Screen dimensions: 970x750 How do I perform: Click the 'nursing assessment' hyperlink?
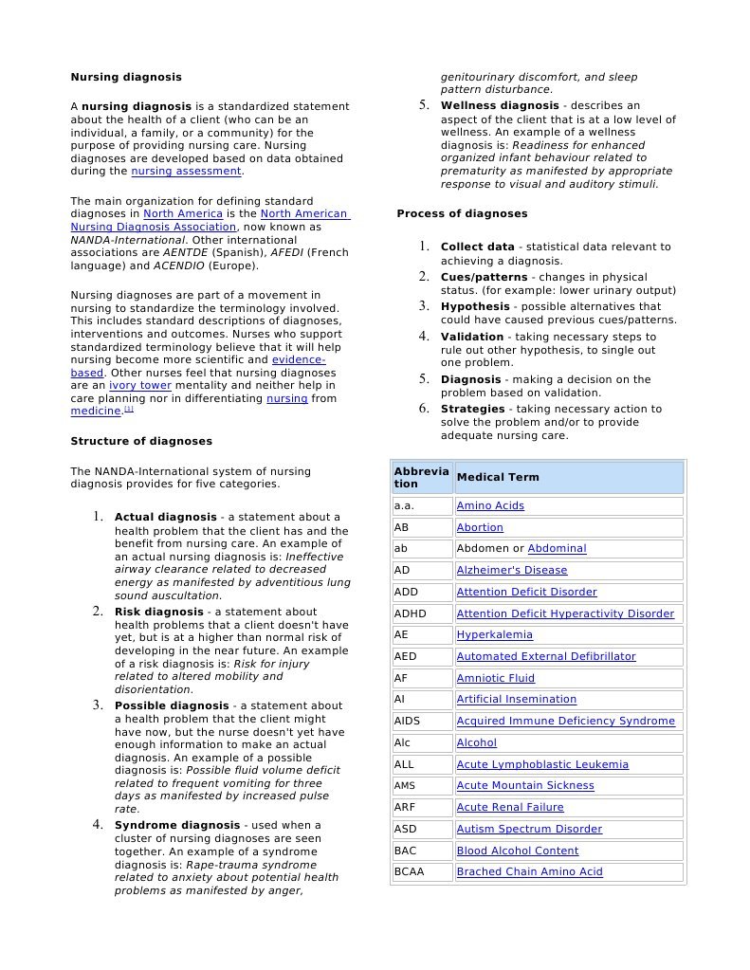click(x=186, y=172)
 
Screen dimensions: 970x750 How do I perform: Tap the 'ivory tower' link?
click(x=140, y=386)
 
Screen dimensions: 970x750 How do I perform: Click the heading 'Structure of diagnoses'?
click(x=141, y=441)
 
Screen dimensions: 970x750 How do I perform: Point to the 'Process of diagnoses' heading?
click(x=462, y=213)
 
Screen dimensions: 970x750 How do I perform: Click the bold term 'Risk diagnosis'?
click(x=159, y=613)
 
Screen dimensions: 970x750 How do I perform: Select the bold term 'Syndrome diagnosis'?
click(x=177, y=825)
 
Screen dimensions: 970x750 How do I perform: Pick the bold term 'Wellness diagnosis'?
click(x=500, y=105)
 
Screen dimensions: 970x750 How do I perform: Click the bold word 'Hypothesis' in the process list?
click(x=475, y=306)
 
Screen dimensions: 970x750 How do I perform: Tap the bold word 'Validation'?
click(x=472, y=337)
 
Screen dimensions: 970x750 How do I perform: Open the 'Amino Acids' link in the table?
click(x=490, y=506)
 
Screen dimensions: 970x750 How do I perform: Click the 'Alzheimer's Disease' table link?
click(x=512, y=571)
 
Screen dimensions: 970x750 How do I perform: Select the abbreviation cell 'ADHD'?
click(x=411, y=613)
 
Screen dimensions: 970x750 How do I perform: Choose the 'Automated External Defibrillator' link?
click(x=546, y=656)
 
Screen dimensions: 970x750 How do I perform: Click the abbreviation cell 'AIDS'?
click(x=407, y=722)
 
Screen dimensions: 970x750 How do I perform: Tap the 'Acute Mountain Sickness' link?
click(x=525, y=786)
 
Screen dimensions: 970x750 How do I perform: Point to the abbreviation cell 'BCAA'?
click(x=409, y=872)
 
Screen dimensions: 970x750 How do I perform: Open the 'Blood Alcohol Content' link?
click(x=518, y=851)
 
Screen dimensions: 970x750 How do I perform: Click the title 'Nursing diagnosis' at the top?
click(x=126, y=77)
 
